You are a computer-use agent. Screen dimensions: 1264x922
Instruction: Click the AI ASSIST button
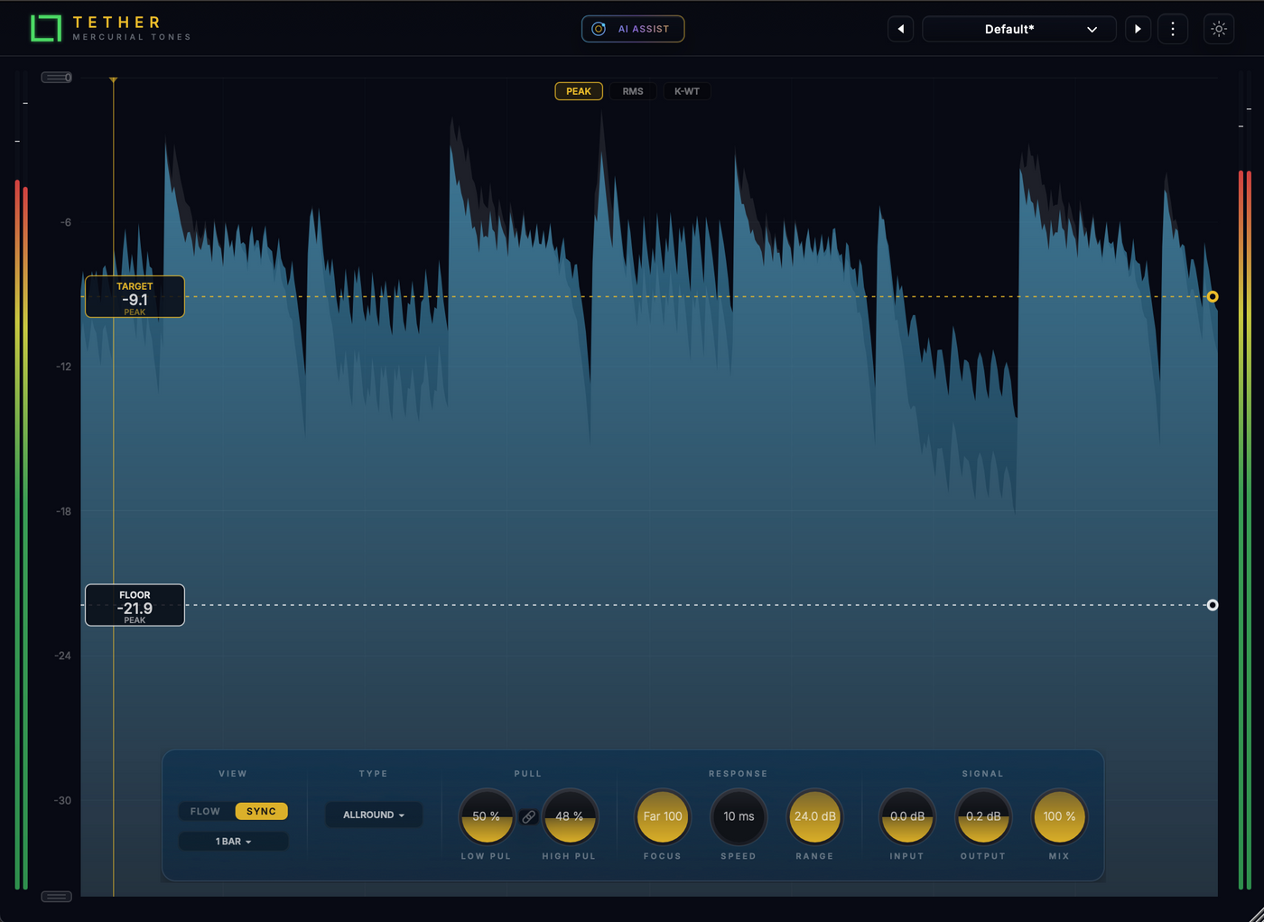click(x=633, y=29)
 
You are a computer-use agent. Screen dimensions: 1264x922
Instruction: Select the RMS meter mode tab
click(x=633, y=91)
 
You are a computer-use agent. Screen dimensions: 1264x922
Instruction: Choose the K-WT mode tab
click(x=687, y=91)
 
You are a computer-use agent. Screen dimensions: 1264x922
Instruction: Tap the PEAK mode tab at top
click(x=579, y=91)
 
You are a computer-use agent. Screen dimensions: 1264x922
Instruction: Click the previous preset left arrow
click(x=901, y=29)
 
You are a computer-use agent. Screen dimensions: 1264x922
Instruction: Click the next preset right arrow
click(x=1138, y=29)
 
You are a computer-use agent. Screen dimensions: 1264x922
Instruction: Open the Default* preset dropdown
click(x=1018, y=29)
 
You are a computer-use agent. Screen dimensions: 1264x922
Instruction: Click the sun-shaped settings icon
click(x=1218, y=29)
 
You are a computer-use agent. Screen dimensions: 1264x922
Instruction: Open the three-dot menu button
click(x=1173, y=29)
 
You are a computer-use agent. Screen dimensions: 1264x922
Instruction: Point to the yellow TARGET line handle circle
click(x=1212, y=297)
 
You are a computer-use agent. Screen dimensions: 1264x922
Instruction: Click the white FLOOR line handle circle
click(x=1212, y=605)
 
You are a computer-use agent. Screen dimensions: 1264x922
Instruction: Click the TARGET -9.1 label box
click(x=135, y=297)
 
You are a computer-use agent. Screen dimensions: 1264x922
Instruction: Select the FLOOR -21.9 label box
click(x=135, y=605)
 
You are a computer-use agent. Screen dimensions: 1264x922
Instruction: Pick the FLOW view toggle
click(x=206, y=811)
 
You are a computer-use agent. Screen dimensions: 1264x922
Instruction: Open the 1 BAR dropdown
click(x=233, y=842)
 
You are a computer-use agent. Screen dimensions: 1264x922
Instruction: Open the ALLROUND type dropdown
click(x=374, y=815)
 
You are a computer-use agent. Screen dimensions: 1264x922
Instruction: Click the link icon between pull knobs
click(x=528, y=816)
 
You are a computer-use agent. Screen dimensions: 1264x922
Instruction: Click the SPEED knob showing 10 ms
click(x=739, y=816)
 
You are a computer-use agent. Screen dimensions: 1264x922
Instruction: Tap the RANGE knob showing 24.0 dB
click(x=814, y=816)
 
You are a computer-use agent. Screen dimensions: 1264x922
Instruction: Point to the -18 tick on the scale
click(x=64, y=511)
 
